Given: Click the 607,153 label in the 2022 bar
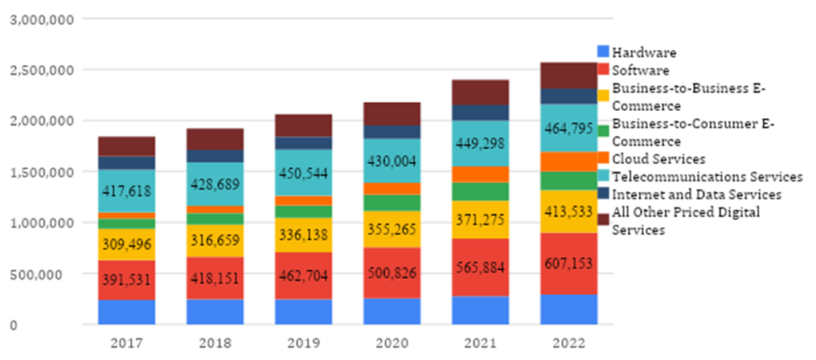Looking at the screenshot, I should pos(569,262).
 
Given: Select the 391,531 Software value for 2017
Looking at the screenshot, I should pos(126,280).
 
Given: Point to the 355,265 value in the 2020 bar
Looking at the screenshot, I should pos(392,229).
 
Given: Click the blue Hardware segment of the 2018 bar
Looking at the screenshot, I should pos(215,311).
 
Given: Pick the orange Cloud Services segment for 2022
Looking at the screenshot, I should pos(569,162).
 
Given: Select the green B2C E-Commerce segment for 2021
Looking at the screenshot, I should pos(480,191).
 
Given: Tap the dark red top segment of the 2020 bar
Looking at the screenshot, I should pos(392,113).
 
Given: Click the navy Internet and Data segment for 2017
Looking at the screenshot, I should pos(126,162).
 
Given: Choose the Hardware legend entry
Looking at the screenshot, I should pos(644,53).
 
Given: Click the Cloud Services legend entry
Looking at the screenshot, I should pos(658,158).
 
